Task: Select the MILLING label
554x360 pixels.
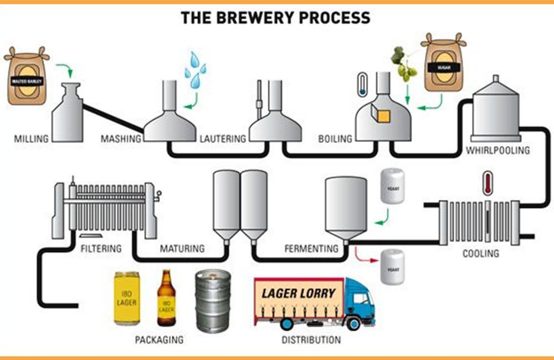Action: click(31, 138)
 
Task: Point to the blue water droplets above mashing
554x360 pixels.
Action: click(194, 70)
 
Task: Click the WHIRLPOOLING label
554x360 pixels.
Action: click(498, 150)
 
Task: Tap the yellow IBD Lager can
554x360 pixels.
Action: click(126, 298)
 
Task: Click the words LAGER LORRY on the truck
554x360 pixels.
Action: click(299, 293)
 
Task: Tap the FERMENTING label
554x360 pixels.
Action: click(311, 249)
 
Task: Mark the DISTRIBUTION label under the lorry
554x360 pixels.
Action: click(311, 339)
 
